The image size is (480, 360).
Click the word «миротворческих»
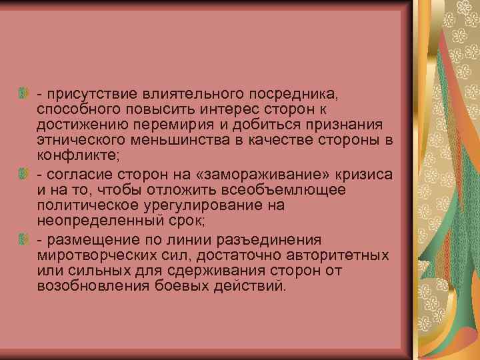pyautogui.click(x=94, y=255)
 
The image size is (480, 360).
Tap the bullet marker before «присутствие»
pyautogui.click(x=25, y=91)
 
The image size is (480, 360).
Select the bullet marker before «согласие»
pyautogui.click(x=25, y=174)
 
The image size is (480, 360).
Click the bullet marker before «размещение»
pyautogui.click(x=25, y=239)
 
